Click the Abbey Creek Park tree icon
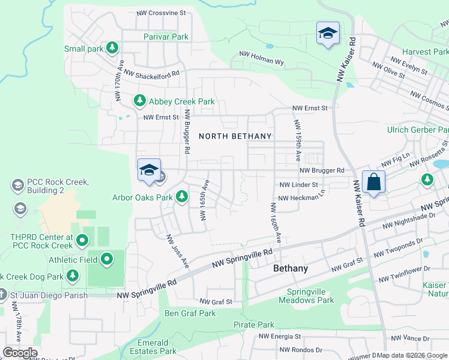click(140, 100)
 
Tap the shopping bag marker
click(373, 181)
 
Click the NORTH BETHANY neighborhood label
click(235, 136)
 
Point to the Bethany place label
click(291, 268)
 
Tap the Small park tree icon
click(112, 47)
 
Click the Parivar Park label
click(166, 37)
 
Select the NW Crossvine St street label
click(161, 13)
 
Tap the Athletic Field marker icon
click(107, 259)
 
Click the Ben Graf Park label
click(190, 313)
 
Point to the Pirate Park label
click(254, 325)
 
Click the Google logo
click(20, 353)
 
